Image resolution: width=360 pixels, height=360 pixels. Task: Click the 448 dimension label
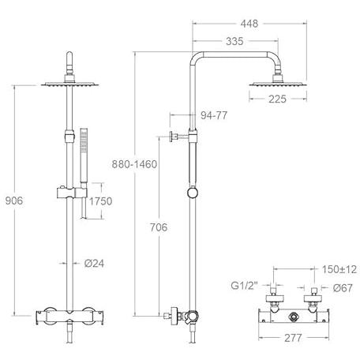tap(249, 24)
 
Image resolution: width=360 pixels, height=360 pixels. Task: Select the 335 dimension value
tap(234, 41)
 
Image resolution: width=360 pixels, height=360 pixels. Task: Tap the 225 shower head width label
tap(277, 99)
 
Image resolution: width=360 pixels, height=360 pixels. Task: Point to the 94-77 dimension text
tap(214, 115)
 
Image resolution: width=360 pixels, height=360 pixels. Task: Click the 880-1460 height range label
tap(134, 164)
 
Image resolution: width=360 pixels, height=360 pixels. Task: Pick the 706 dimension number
tap(159, 227)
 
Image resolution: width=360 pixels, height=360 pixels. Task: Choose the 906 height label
tap(14, 201)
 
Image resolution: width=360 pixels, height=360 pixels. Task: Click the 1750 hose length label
tap(100, 201)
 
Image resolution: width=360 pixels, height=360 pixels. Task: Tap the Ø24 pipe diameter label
tap(94, 263)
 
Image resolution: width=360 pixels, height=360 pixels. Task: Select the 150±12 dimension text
tap(339, 269)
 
